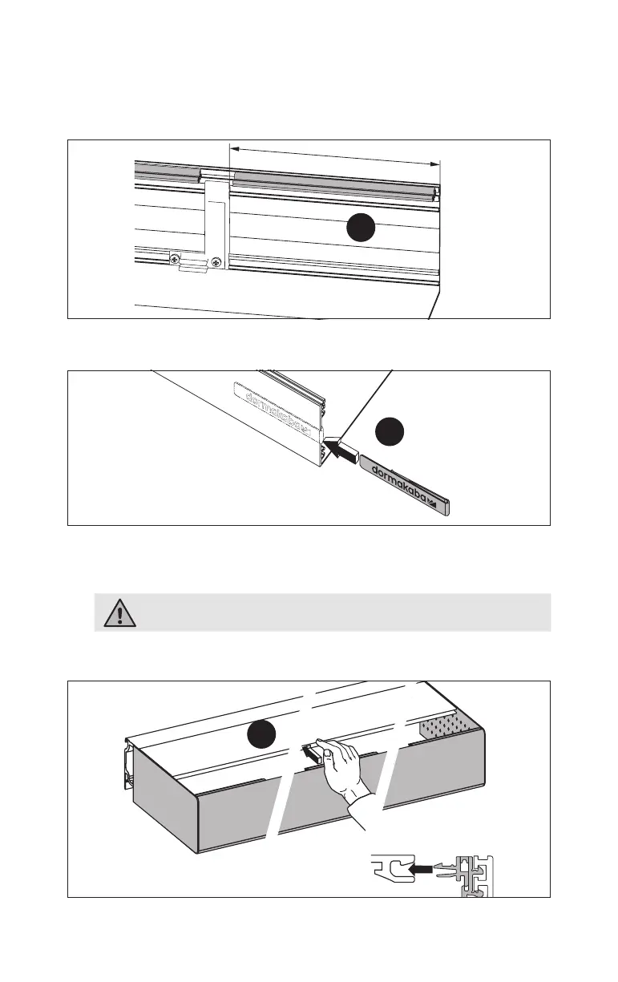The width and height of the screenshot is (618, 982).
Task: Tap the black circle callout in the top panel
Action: click(361, 229)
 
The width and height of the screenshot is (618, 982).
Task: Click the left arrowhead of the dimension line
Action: click(234, 148)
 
